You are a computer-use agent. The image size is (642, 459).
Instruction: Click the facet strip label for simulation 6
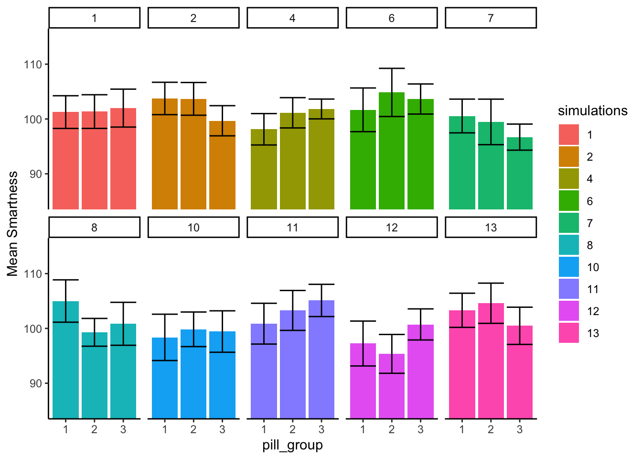[x=391, y=18]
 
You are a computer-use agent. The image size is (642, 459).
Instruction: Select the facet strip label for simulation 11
[x=292, y=228]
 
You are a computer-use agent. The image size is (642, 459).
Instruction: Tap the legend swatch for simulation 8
[x=568, y=245]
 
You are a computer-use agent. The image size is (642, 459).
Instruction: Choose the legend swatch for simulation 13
[x=568, y=333]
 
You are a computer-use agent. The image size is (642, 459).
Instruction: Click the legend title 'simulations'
[x=592, y=111]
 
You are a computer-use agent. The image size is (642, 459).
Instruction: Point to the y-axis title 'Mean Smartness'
[x=13, y=224]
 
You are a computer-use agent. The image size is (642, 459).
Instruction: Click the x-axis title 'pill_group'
[x=292, y=445]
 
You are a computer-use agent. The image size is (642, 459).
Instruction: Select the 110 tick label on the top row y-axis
[x=33, y=65]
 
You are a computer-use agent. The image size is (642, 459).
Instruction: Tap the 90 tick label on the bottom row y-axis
[x=36, y=383]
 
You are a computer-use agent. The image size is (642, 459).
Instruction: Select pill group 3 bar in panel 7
[x=520, y=175]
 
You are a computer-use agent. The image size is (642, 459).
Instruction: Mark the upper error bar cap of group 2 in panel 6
[x=392, y=68]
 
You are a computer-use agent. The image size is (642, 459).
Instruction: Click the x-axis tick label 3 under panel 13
[x=520, y=429]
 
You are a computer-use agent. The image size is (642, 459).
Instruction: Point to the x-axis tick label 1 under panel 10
[x=165, y=429]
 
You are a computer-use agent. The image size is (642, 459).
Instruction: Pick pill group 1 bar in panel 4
[x=264, y=170]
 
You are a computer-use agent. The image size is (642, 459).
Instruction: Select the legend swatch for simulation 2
[x=568, y=157]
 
